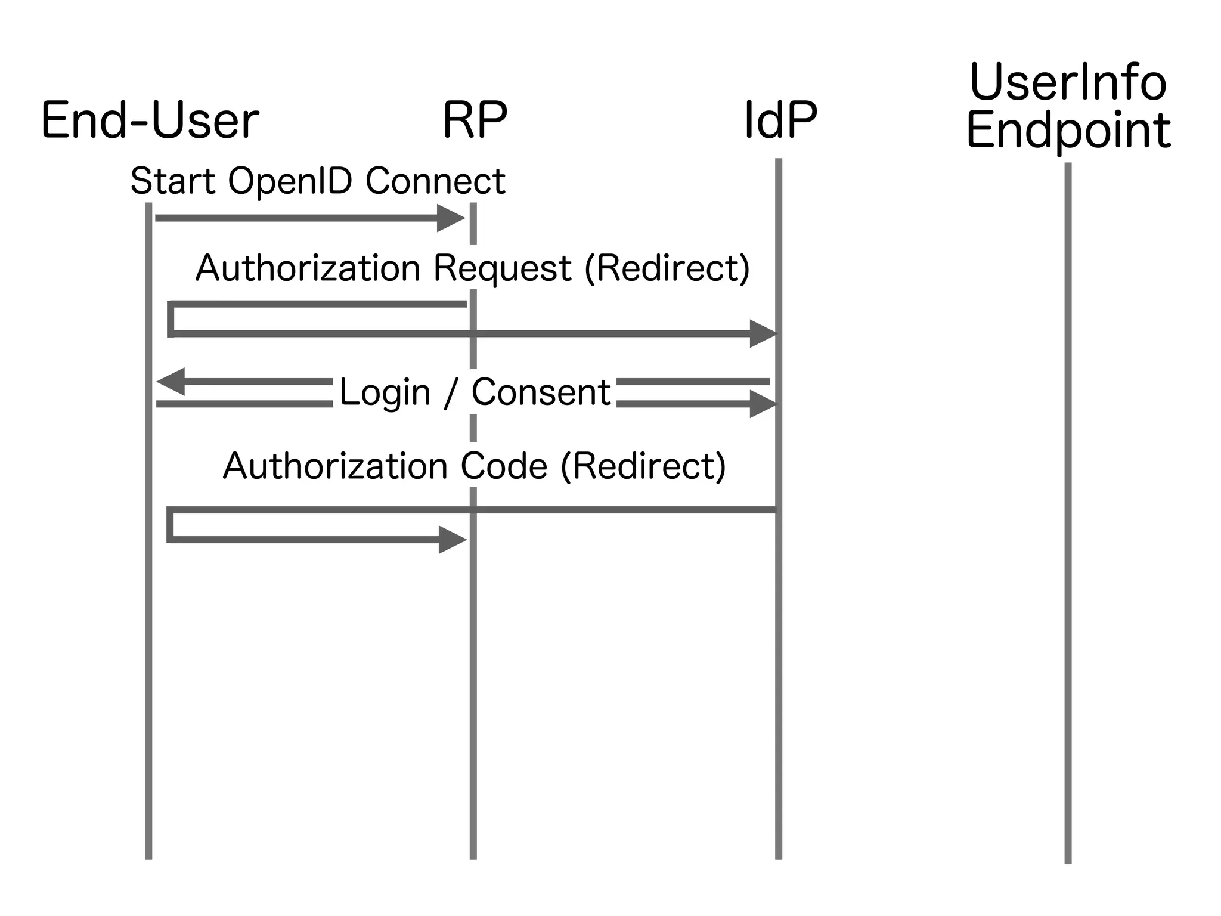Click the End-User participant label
150,122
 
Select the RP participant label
475,120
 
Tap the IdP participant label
780,120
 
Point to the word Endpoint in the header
1068,131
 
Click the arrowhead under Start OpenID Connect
450,218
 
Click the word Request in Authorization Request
502,268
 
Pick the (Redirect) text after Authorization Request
667,268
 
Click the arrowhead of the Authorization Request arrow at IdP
763,333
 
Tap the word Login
385,393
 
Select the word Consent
541,393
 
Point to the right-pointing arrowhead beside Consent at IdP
763,404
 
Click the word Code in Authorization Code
504,466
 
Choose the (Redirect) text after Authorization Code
643,466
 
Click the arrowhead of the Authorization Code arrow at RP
452,540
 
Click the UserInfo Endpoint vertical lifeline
1068,537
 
